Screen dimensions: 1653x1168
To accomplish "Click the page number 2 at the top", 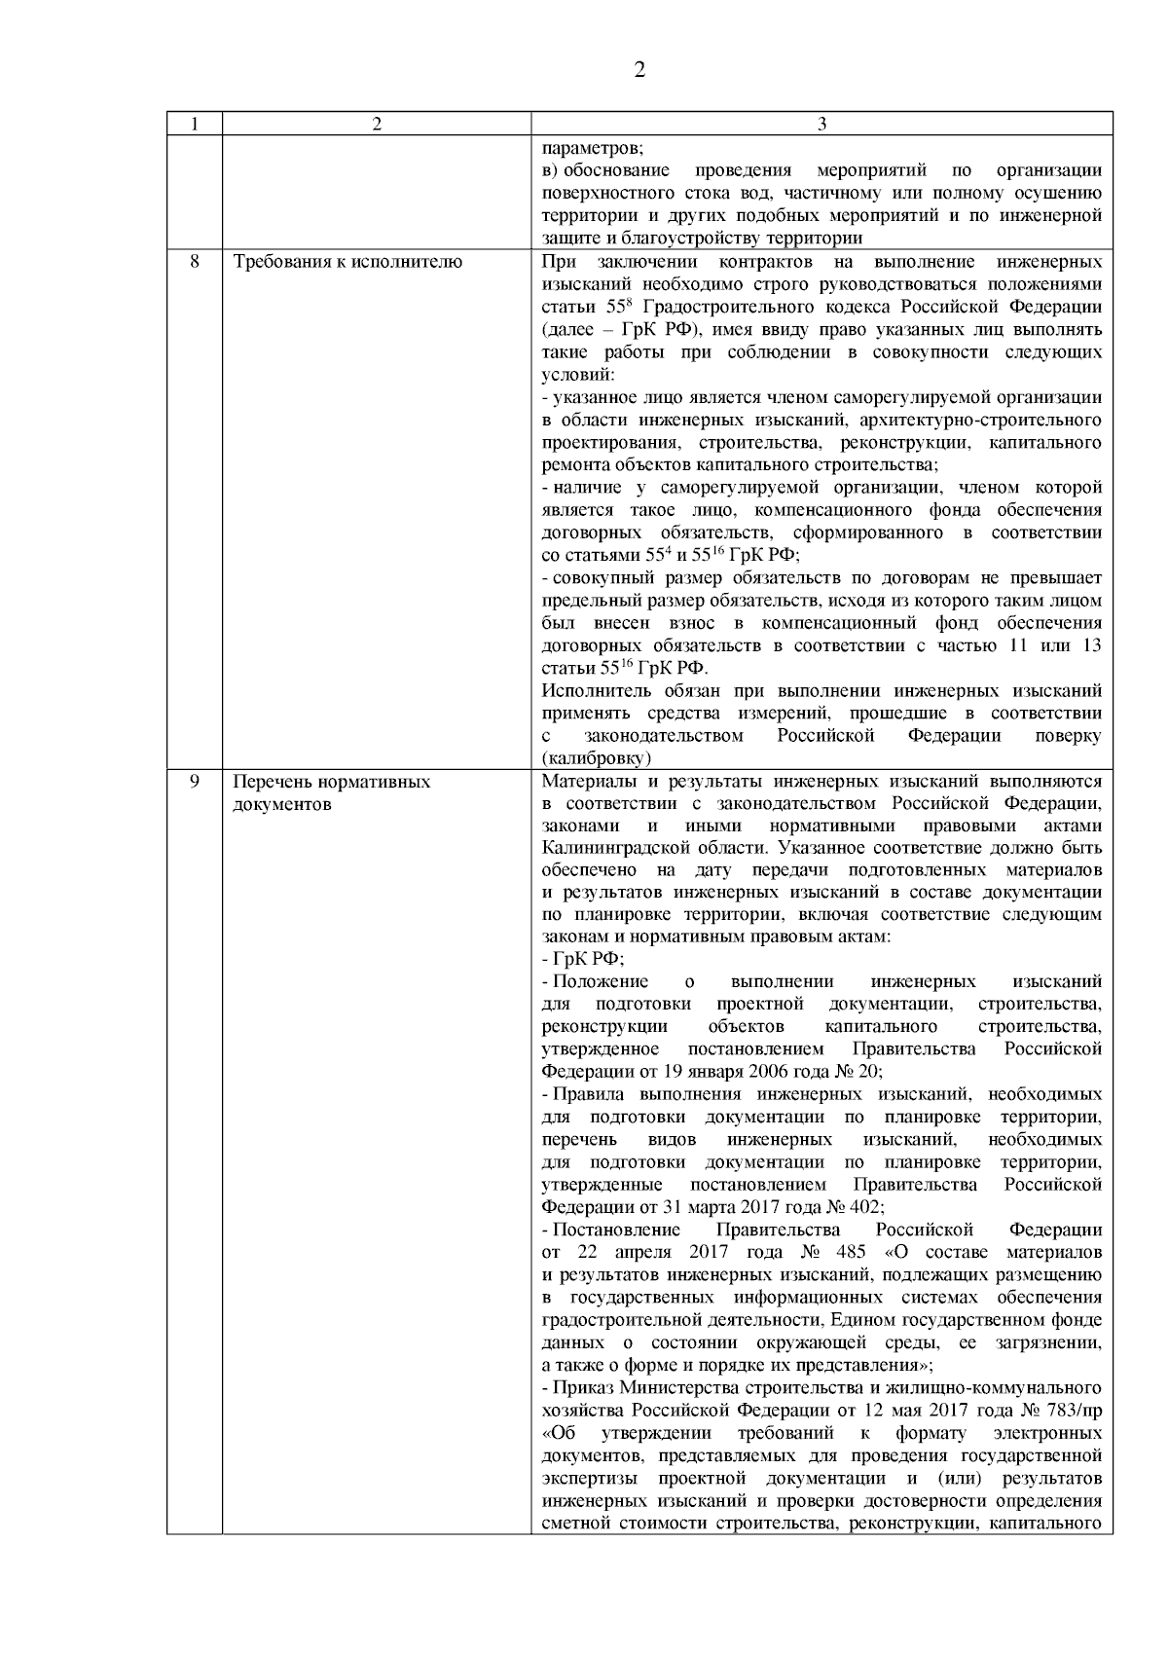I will pos(639,70).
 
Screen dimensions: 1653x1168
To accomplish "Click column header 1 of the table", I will pos(194,124).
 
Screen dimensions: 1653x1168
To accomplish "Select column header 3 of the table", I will pos(821,124).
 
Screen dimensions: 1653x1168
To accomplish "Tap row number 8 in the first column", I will pos(194,262).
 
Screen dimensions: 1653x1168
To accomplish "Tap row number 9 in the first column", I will pos(194,782).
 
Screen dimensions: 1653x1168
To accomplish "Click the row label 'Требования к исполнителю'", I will pos(347,262).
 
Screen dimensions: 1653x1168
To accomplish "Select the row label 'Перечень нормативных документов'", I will pos(331,793).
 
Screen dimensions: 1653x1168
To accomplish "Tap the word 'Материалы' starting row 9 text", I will pos(586,782).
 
